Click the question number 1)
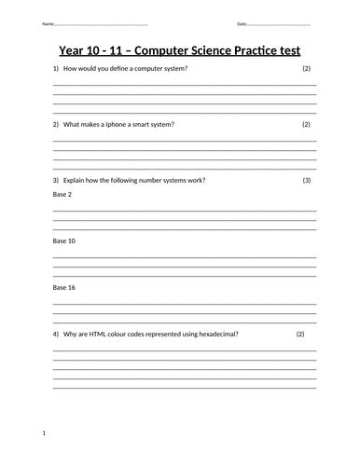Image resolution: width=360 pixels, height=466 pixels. tap(56, 70)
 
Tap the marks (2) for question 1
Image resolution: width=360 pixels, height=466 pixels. tap(307, 70)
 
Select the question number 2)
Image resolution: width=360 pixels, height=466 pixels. tap(56, 124)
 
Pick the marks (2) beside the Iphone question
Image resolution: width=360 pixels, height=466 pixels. tap(307, 124)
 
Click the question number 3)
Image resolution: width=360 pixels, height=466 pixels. tap(56, 179)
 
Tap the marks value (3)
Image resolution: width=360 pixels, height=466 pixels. tap(307, 179)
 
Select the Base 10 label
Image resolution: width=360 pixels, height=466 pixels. tap(64, 240)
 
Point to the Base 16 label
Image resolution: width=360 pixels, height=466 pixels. tap(64, 287)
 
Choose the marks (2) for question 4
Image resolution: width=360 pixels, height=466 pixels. tap(300, 334)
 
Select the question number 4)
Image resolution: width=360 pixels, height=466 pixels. tap(56, 334)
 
